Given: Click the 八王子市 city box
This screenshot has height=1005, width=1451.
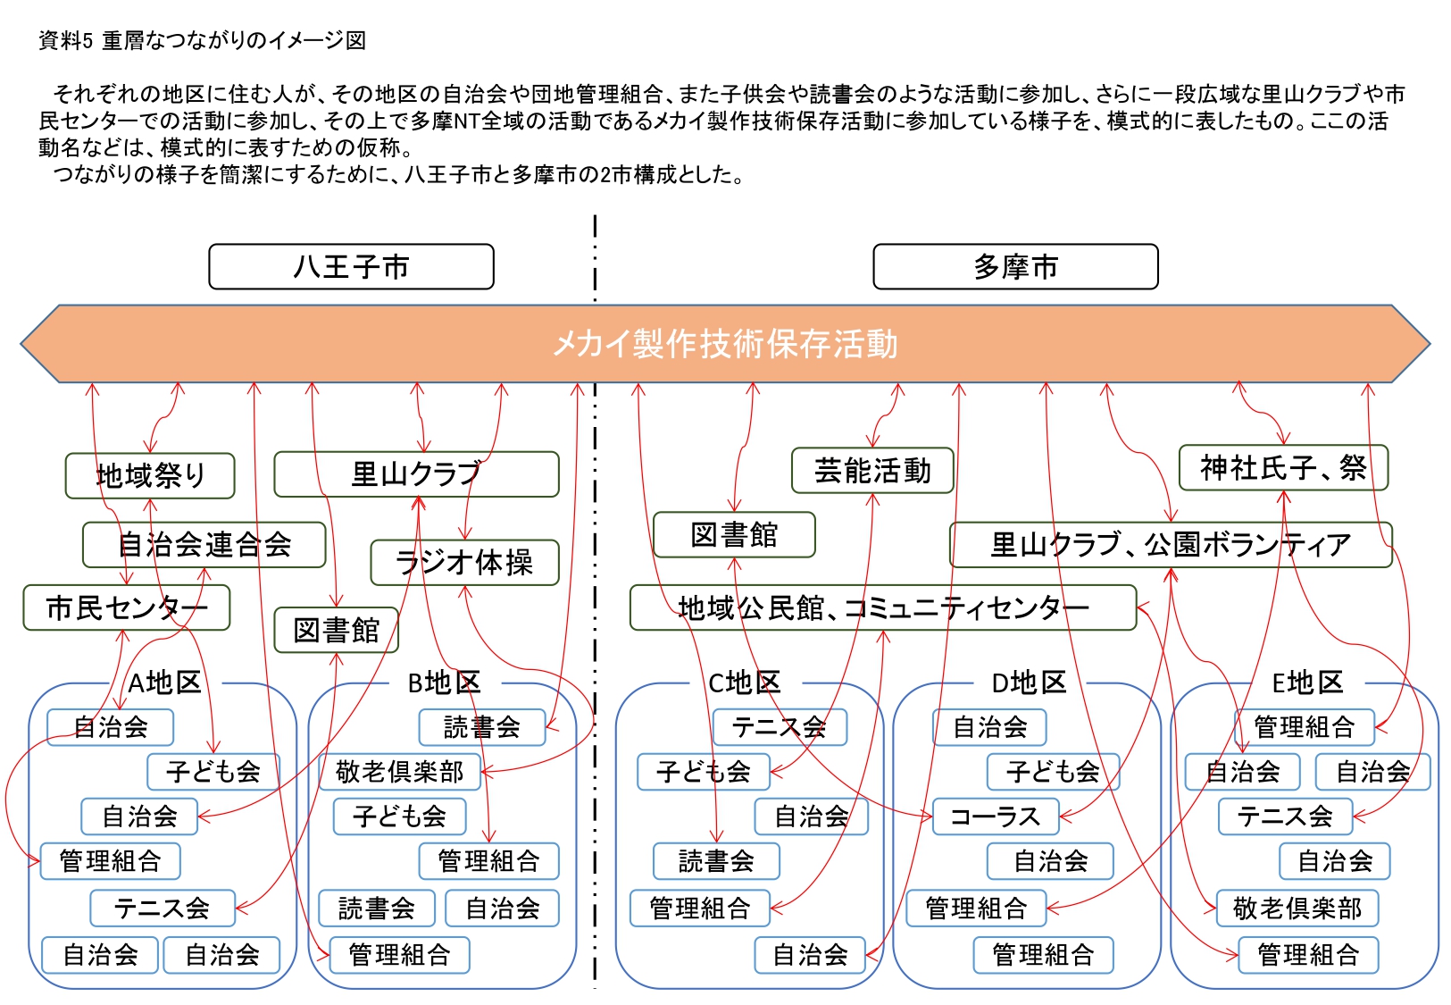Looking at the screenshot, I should (351, 266).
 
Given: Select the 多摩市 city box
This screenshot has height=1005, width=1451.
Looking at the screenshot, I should (1014, 266).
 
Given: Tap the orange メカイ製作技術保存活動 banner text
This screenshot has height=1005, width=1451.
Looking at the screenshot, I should (724, 344).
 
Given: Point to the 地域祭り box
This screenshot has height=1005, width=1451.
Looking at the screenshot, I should (150, 475).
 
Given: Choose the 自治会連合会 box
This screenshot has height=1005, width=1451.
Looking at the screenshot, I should (204, 544).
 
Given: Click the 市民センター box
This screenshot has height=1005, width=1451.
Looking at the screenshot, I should (126, 607).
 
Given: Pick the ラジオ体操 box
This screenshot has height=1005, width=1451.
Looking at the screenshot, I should (464, 562).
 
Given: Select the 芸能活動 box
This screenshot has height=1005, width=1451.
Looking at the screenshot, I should (871, 471).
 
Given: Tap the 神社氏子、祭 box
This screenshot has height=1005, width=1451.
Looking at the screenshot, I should (1282, 467).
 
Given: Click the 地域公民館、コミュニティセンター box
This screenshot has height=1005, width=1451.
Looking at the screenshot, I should (882, 607).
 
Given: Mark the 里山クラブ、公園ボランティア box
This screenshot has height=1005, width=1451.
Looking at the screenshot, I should (1170, 544).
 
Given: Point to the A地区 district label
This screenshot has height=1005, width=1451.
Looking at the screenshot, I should (164, 683).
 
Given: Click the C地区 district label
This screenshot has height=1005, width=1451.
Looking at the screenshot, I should (744, 683).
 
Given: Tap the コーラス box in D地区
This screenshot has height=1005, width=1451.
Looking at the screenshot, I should (995, 817).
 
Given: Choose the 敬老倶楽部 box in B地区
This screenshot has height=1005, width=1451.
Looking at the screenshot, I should (399, 772).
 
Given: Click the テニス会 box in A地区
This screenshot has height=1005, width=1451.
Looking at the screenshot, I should (162, 909).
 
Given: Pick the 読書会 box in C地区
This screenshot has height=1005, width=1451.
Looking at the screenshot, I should (715, 861).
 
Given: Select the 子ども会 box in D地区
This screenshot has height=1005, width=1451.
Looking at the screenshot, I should (1052, 772).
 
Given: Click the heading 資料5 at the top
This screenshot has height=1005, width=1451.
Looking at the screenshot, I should (65, 40).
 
